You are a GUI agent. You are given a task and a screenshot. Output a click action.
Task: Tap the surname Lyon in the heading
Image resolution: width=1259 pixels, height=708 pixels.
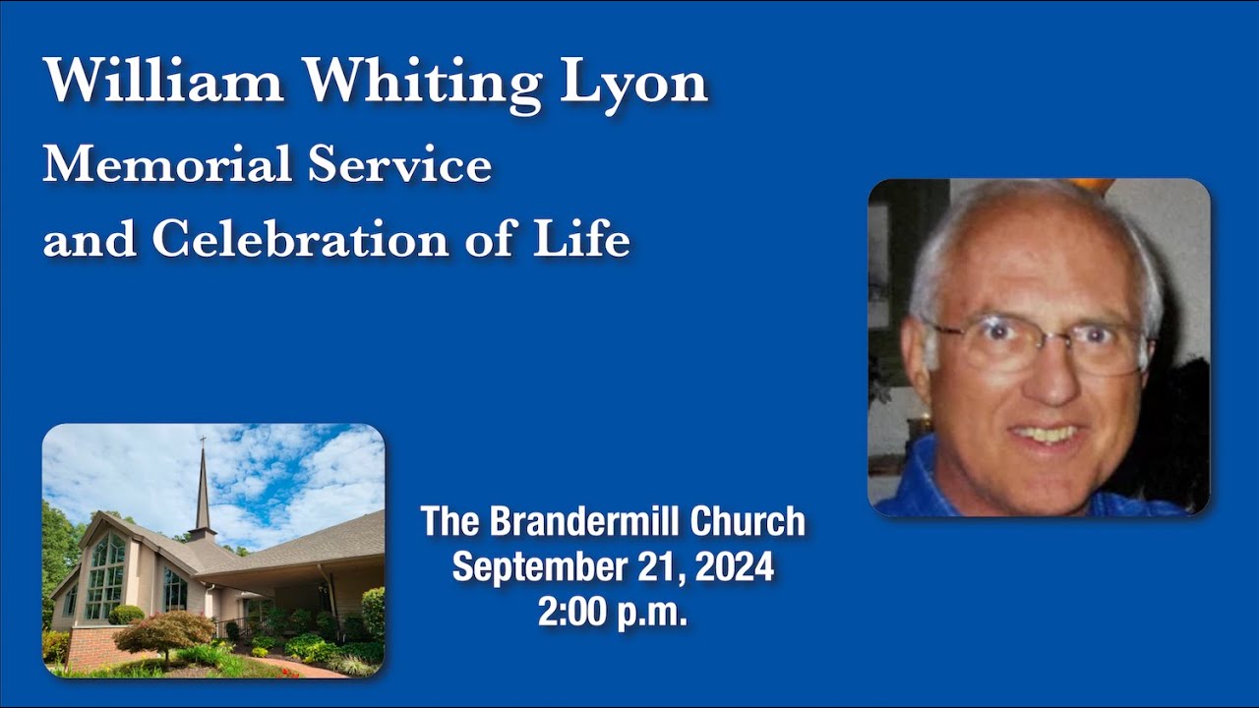[x=633, y=83]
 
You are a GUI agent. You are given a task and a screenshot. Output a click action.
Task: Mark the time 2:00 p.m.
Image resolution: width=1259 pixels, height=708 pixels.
[x=612, y=612]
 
